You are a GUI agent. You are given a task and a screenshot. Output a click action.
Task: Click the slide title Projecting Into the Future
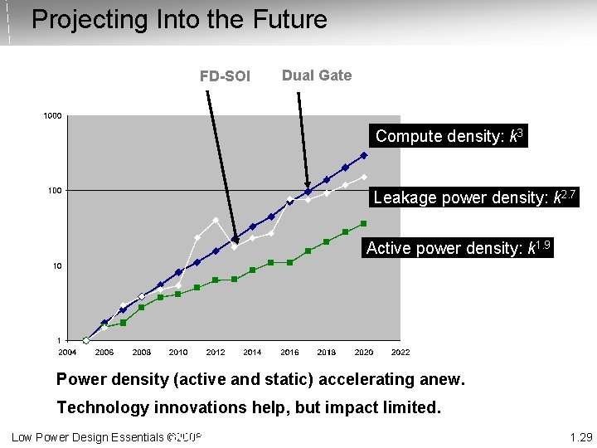pyautogui.click(x=179, y=19)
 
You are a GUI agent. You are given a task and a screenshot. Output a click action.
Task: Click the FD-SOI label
pyautogui.click(x=225, y=76)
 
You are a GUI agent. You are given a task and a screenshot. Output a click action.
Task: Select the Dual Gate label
pyautogui.click(x=317, y=75)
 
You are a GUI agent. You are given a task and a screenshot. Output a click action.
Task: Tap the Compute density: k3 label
pyautogui.click(x=449, y=136)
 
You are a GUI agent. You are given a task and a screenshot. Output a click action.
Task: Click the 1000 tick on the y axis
pyautogui.click(x=52, y=115)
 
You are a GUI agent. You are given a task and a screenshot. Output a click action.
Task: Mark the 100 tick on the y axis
pyautogui.click(x=54, y=191)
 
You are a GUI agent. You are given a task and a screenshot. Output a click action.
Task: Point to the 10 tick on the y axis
pyautogui.click(x=56, y=266)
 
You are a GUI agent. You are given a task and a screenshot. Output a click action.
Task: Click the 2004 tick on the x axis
pyautogui.click(x=67, y=352)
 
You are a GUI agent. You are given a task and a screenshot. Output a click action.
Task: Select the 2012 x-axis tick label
pyautogui.click(x=216, y=352)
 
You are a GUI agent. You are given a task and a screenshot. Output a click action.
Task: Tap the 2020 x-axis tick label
pyautogui.click(x=363, y=352)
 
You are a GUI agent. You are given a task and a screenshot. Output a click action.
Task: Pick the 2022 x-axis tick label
pyautogui.click(x=400, y=352)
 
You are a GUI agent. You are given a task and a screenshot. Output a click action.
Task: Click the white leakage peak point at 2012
pyautogui.click(x=216, y=220)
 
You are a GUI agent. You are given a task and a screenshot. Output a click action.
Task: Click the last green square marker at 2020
pyautogui.click(x=363, y=223)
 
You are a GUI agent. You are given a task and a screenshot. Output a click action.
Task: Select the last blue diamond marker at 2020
pyautogui.click(x=363, y=155)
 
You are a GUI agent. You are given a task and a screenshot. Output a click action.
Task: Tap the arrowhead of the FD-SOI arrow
pyautogui.click(x=235, y=240)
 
